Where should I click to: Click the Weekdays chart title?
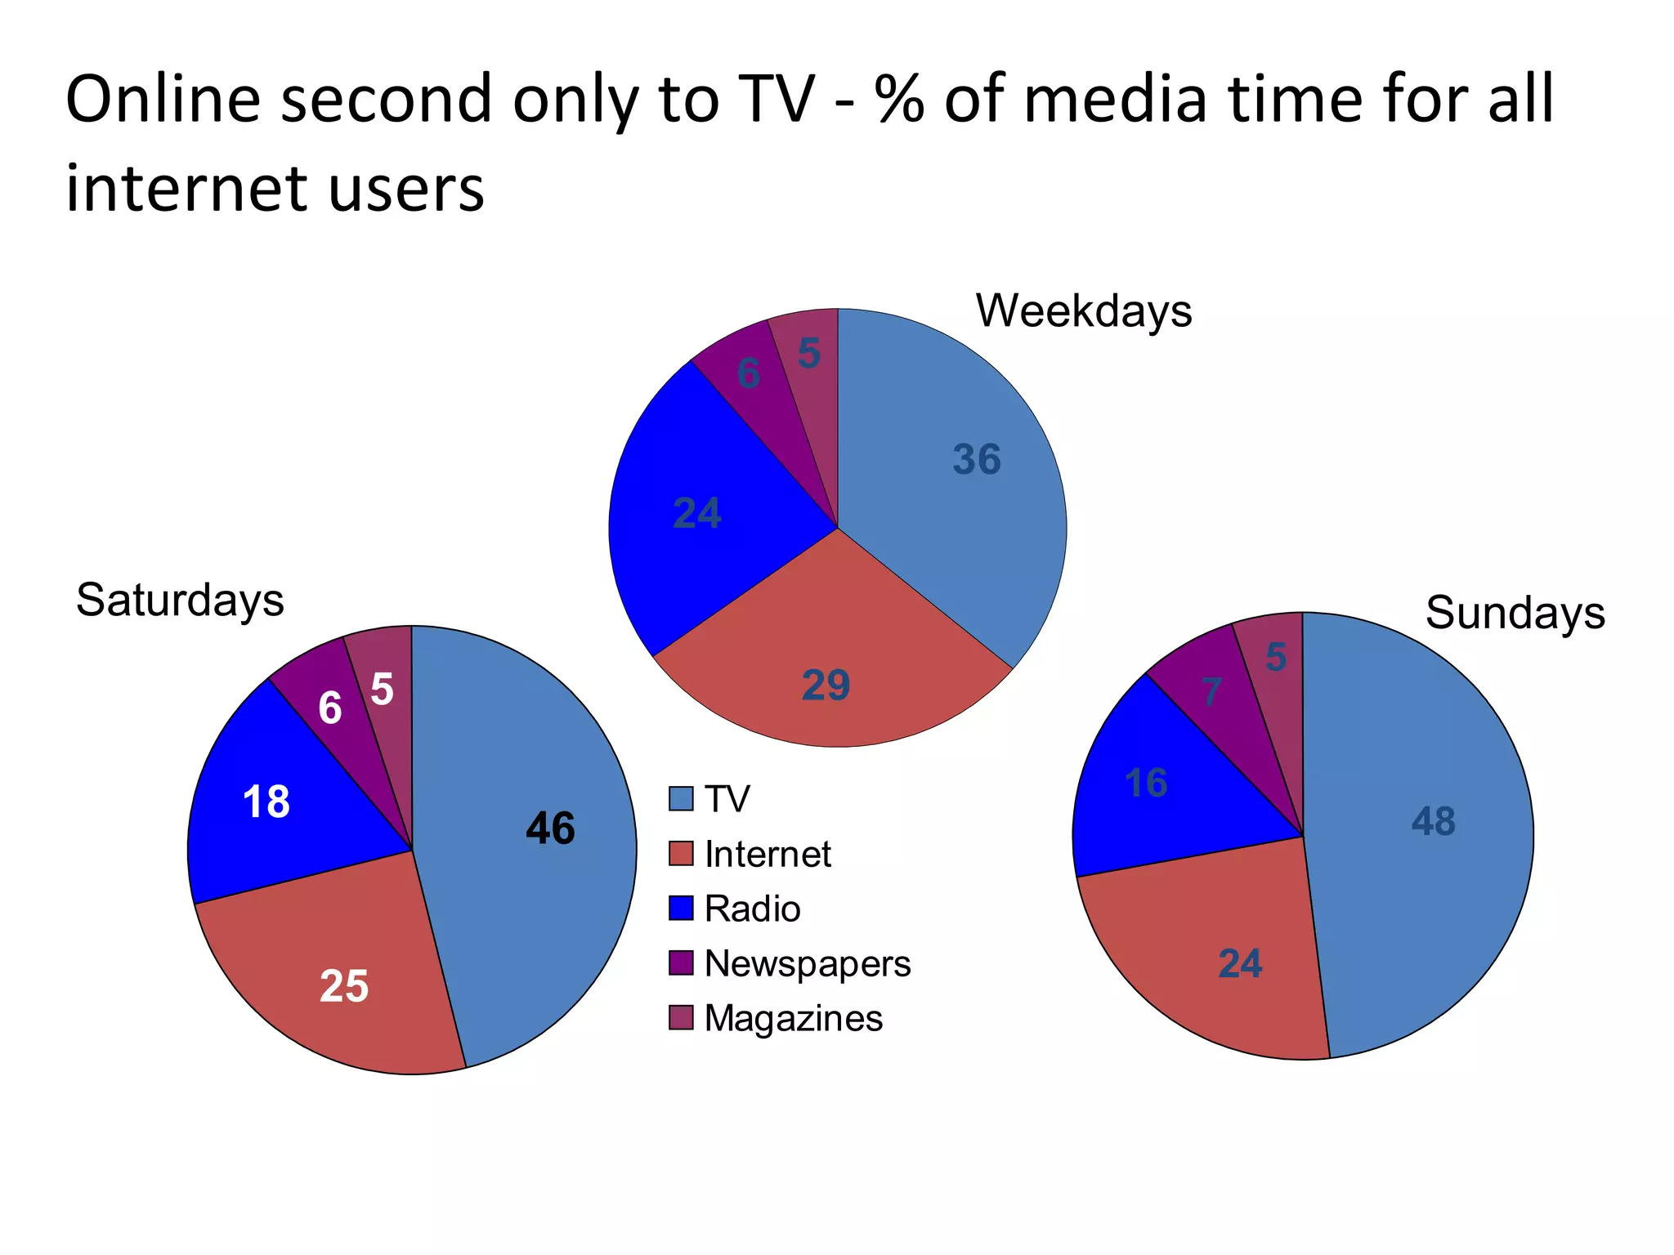coord(1084,311)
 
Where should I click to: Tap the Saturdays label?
coord(180,601)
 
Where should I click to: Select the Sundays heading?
coord(1515,613)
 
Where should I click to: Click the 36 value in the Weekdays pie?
coord(977,459)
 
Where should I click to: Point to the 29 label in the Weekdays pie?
coord(826,685)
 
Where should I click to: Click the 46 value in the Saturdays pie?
coord(550,828)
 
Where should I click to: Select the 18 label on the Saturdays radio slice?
coord(266,802)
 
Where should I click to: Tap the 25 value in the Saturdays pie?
coord(344,985)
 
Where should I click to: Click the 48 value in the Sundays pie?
coord(1433,821)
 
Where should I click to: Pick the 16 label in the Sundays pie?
coord(1146,783)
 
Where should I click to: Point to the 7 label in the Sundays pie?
coord(1211,692)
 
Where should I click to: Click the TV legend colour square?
coord(680,798)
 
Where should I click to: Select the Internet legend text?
coord(768,854)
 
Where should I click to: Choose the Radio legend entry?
coord(752,909)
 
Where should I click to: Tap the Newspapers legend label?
coord(807,964)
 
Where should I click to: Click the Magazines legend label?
coord(793,1018)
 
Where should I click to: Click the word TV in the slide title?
coord(777,100)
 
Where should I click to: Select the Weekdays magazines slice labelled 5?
coord(808,353)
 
